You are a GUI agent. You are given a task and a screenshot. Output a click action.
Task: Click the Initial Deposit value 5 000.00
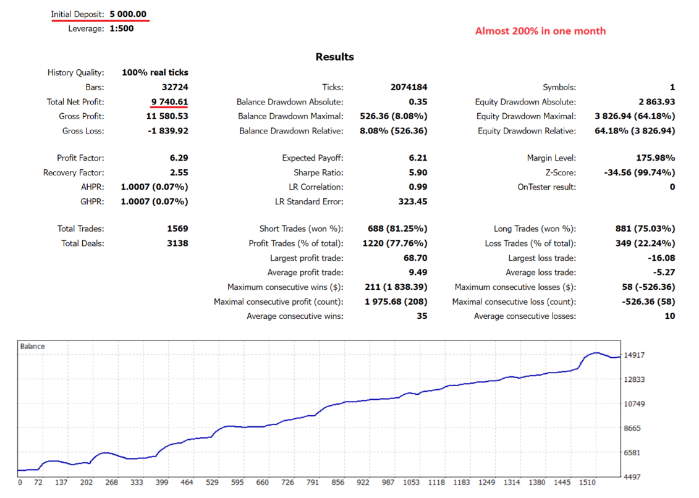point(128,14)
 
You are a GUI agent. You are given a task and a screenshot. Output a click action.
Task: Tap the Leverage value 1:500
point(122,28)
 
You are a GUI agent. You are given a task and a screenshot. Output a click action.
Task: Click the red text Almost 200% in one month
point(540,31)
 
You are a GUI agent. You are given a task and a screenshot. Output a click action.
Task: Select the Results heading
point(334,57)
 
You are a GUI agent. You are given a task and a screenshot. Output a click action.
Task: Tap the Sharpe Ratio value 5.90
point(417,173)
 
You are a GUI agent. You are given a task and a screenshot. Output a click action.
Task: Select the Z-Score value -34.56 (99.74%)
point(639,173)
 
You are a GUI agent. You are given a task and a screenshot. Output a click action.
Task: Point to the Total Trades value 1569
point(177,229)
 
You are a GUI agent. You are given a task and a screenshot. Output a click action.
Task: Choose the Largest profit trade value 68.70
point(414,258)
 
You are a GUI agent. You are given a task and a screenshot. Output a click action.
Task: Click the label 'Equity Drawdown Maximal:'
point(526,116)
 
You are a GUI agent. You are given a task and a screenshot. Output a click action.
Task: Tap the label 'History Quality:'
point(75,73)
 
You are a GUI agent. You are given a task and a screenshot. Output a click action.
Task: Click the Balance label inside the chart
point(32,347)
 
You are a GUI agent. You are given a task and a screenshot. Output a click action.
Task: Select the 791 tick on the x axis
point(312,483)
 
